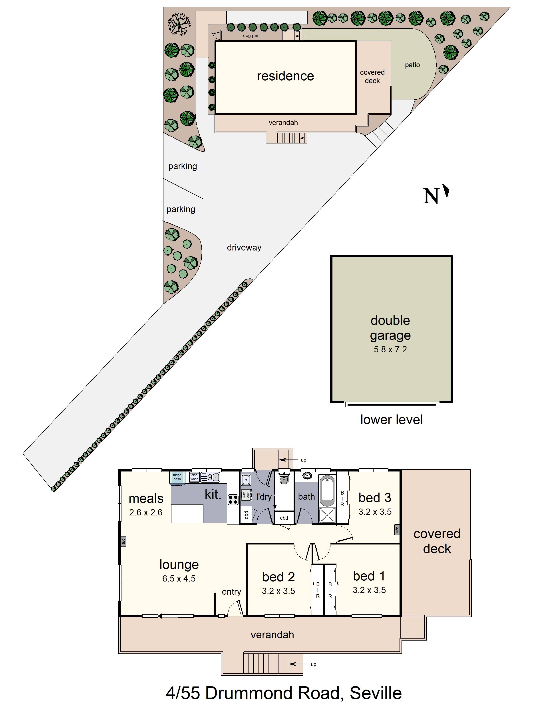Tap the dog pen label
click(251, 36)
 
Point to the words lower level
click(391, 420)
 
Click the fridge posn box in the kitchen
click(177, 477)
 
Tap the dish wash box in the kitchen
click(194, 477)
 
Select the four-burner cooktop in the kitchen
click(233, 500)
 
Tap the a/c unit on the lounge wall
click(123, 542)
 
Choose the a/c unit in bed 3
click(397, 530)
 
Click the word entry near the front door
click(231, 592)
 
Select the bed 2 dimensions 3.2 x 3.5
click(278, 591)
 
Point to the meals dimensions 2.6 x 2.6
click(146, 512)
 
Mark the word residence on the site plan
click(285, 76)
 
